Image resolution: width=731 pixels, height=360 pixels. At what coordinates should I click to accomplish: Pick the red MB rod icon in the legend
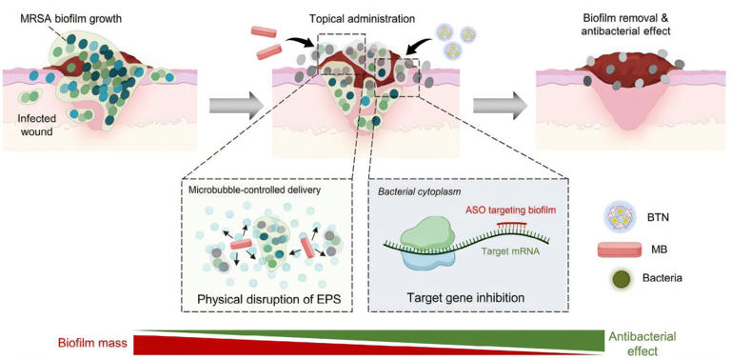pyautogui.click(x=620, y=250)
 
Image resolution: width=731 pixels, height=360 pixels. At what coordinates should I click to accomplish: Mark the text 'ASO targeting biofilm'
pyautogui.click(x=494, y=209)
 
